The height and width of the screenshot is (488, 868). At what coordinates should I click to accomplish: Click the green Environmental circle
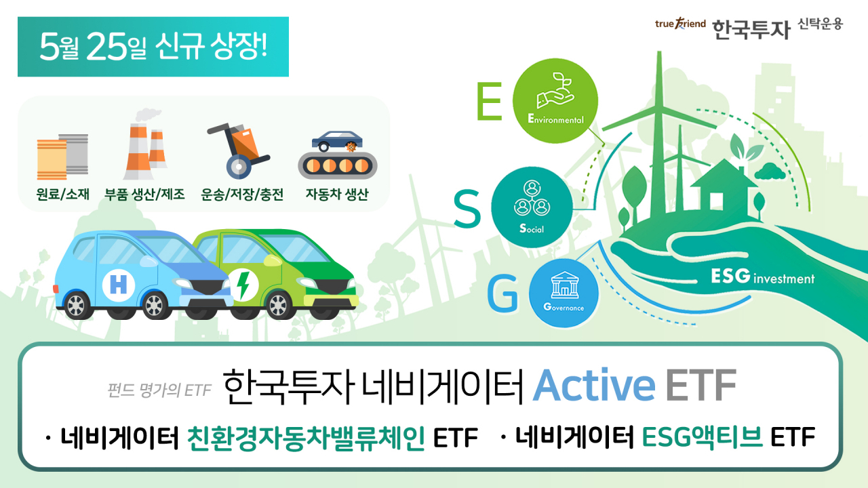tap(555, 101)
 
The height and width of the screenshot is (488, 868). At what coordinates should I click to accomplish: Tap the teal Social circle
tap(532, 207)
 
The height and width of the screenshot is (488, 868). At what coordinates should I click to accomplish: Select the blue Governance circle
tap(564, 293)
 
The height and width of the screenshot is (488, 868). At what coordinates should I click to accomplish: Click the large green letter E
tap(490, 102)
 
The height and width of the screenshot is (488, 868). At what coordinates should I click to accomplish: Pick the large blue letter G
tap(502, 293)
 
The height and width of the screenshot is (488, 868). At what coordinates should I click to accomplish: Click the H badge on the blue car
tap(119, 285)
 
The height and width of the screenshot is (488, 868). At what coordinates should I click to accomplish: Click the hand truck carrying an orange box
tap(238, 150)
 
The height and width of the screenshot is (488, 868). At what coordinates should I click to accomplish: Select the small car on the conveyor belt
tap(337, 140)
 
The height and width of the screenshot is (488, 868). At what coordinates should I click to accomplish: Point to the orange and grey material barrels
tap(62, 157)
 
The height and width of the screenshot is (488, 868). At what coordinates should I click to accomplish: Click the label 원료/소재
tap(62, 194)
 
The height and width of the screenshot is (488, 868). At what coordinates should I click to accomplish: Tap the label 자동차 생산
tap(337, 194)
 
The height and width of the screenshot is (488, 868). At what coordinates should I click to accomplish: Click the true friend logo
tap(680, 24)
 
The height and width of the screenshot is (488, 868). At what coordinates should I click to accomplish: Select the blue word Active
tap(594, 386)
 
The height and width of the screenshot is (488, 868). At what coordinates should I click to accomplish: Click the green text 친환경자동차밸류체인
tap(306, 438)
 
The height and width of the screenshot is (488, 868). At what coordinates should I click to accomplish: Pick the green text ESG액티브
tap(702, 437)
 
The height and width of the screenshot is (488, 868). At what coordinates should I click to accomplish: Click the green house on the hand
tap(724, 189)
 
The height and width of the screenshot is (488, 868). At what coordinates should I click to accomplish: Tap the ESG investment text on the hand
tap(763, 277)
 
